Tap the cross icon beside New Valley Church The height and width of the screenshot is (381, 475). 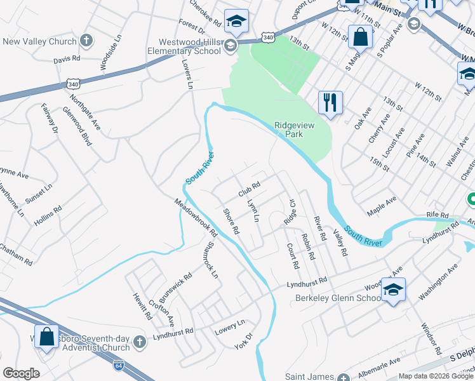pos(86,41)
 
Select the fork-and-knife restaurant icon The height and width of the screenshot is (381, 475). pos(330,102)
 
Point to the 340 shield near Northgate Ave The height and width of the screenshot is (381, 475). pos(73,83)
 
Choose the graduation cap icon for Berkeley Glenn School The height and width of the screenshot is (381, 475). pos(393,290)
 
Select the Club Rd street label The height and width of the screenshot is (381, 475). pos(250,189)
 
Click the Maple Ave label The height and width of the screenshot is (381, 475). pos(381,204)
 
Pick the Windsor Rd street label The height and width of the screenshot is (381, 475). pos(431,338)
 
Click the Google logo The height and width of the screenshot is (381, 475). pos(21,373)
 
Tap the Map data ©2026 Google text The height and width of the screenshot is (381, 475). pos(436,376)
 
